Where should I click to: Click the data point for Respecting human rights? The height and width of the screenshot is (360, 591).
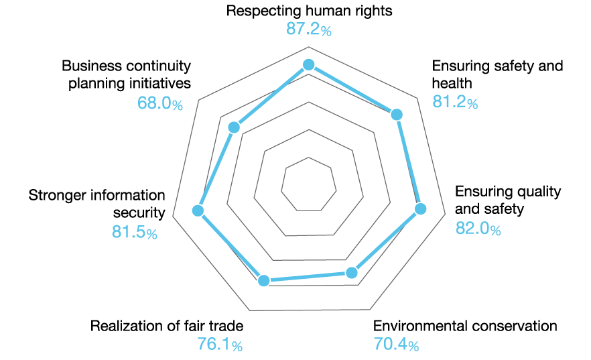pos(309,65)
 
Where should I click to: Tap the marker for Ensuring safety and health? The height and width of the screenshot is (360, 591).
pos(397,115)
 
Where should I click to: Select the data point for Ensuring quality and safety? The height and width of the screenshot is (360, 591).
pos(421,209)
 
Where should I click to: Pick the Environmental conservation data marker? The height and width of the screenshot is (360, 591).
pos(351,273)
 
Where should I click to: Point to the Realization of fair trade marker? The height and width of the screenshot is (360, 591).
pos(264,281)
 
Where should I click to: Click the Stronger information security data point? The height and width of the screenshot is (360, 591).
pos(198,211)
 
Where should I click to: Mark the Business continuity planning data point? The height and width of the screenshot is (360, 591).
pos(234,127)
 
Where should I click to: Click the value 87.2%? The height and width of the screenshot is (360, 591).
pos(309,30)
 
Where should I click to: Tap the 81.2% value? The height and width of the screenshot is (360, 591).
pos(455,103)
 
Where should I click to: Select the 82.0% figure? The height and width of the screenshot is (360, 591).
pos(478,229)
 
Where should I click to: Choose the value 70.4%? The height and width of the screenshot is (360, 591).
pos(396,345)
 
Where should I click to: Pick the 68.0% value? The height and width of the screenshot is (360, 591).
pos(160,103)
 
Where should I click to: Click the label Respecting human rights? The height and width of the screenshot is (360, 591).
pos(309,11)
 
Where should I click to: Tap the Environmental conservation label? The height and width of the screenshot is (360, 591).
pos(465,326)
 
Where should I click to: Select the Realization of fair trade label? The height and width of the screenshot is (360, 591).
pos(167,326)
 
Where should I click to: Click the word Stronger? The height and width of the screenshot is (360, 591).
pos(56,195)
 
